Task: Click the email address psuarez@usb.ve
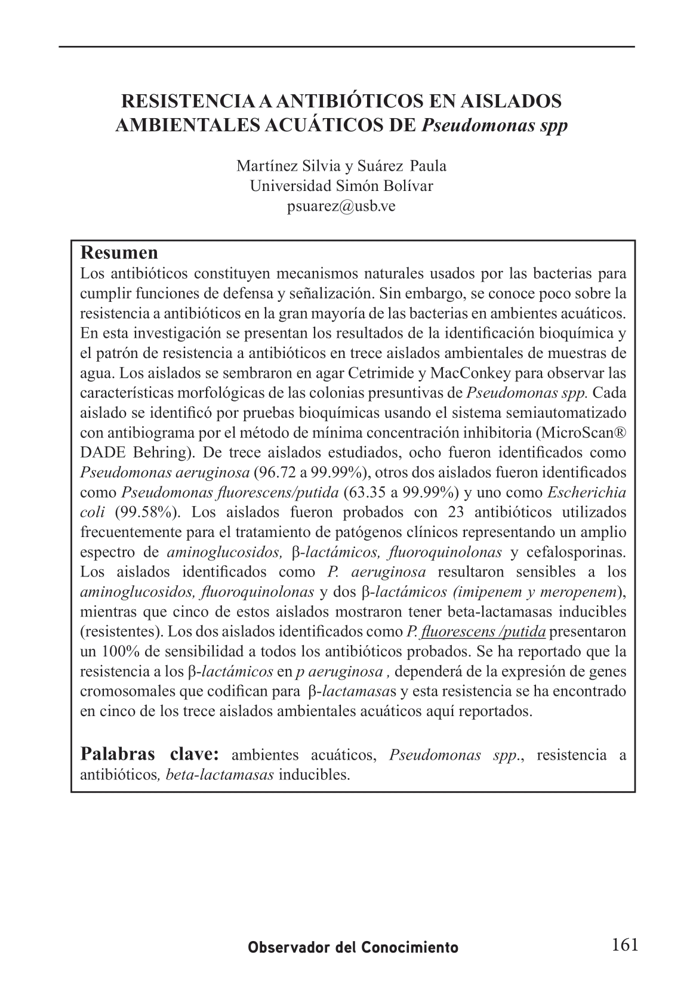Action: [341, 206]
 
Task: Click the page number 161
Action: [625, 945]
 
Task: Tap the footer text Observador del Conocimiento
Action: [353, 948]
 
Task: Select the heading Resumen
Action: [119, 252]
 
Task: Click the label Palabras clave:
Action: [150, 754]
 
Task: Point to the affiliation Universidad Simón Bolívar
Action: [341, 186]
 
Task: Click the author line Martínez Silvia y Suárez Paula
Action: [341, 166]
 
